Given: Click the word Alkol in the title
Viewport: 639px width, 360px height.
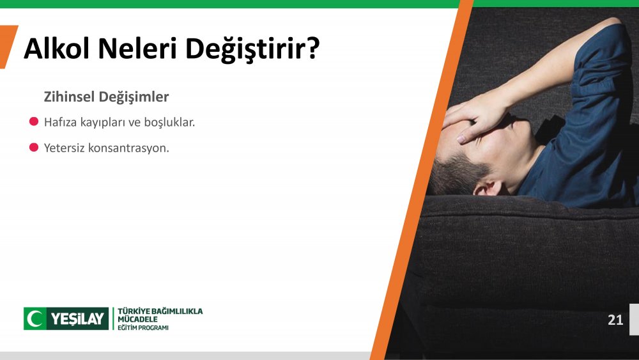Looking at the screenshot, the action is tap(56, 48).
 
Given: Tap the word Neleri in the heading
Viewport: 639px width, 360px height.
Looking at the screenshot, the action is tap(137, 48).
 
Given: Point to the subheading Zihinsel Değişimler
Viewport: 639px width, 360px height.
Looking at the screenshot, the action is tap(106, 97).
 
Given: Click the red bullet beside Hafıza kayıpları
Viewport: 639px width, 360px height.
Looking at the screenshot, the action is tap(34, 121).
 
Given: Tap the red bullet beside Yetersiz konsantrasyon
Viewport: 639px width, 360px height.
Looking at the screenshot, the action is tap(34, 147).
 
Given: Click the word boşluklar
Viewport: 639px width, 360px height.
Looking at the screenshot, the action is tap(169, 122).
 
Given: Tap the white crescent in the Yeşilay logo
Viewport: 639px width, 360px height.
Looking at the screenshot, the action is tap(35, 318).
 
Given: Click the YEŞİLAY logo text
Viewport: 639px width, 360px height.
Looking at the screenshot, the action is tap(77, 319).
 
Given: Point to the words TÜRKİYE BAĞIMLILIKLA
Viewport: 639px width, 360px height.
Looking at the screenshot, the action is tap(160, 311).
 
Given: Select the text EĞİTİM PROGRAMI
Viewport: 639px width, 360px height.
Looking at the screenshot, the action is tap(143, 328).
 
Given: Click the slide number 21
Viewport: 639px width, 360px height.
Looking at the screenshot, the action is tap(615, 320).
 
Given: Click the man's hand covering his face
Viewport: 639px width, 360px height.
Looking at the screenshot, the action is tap(476, 118).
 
